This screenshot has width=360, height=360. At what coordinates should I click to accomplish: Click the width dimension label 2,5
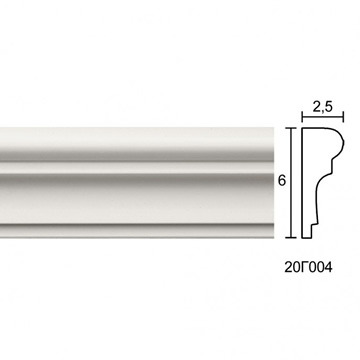[323, 107]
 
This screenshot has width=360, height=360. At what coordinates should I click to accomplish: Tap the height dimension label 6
[282, 181]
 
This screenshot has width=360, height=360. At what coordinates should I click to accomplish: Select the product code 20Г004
[308, 267]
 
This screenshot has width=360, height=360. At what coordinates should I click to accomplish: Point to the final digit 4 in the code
[328, 267]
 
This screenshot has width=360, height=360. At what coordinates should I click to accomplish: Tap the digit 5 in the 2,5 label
[329, 107]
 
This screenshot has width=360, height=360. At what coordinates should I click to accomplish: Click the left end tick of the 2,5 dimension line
[302, 117]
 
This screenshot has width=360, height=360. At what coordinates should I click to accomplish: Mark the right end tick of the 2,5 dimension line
[343, 117]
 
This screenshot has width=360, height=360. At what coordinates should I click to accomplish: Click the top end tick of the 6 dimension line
[291, 128]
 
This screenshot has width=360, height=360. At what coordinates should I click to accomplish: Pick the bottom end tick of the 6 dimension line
[291, 238]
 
